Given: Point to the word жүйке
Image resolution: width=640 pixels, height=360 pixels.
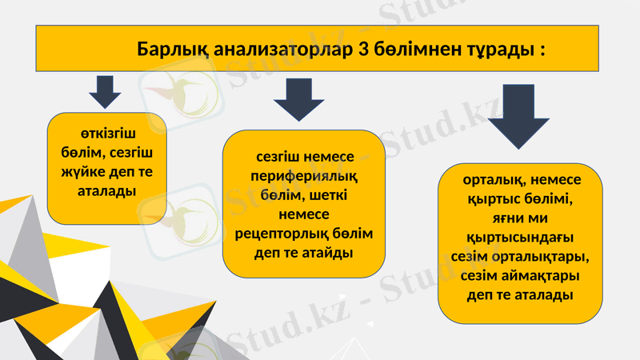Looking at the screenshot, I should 79,172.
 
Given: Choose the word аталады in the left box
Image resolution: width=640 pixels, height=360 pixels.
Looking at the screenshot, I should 106,191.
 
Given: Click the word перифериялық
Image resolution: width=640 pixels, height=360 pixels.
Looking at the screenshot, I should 303,177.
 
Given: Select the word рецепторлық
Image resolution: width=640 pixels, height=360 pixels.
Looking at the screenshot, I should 277,234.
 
